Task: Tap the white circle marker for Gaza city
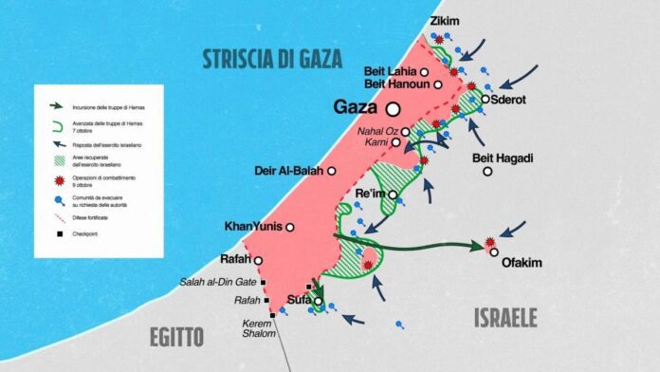[392, 109]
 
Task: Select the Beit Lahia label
[391, 71]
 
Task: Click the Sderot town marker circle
[486, 99]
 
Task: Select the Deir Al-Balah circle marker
[332, 171]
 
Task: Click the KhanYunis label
[253, 227]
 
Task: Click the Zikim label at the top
[445, 20]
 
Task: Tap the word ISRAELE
[505, 318]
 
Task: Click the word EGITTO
[175, 336]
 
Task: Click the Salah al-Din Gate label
[218, 282]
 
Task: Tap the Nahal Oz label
[378, 131]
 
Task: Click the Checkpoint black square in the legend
[58, 233]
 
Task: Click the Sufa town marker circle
[318, 302]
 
